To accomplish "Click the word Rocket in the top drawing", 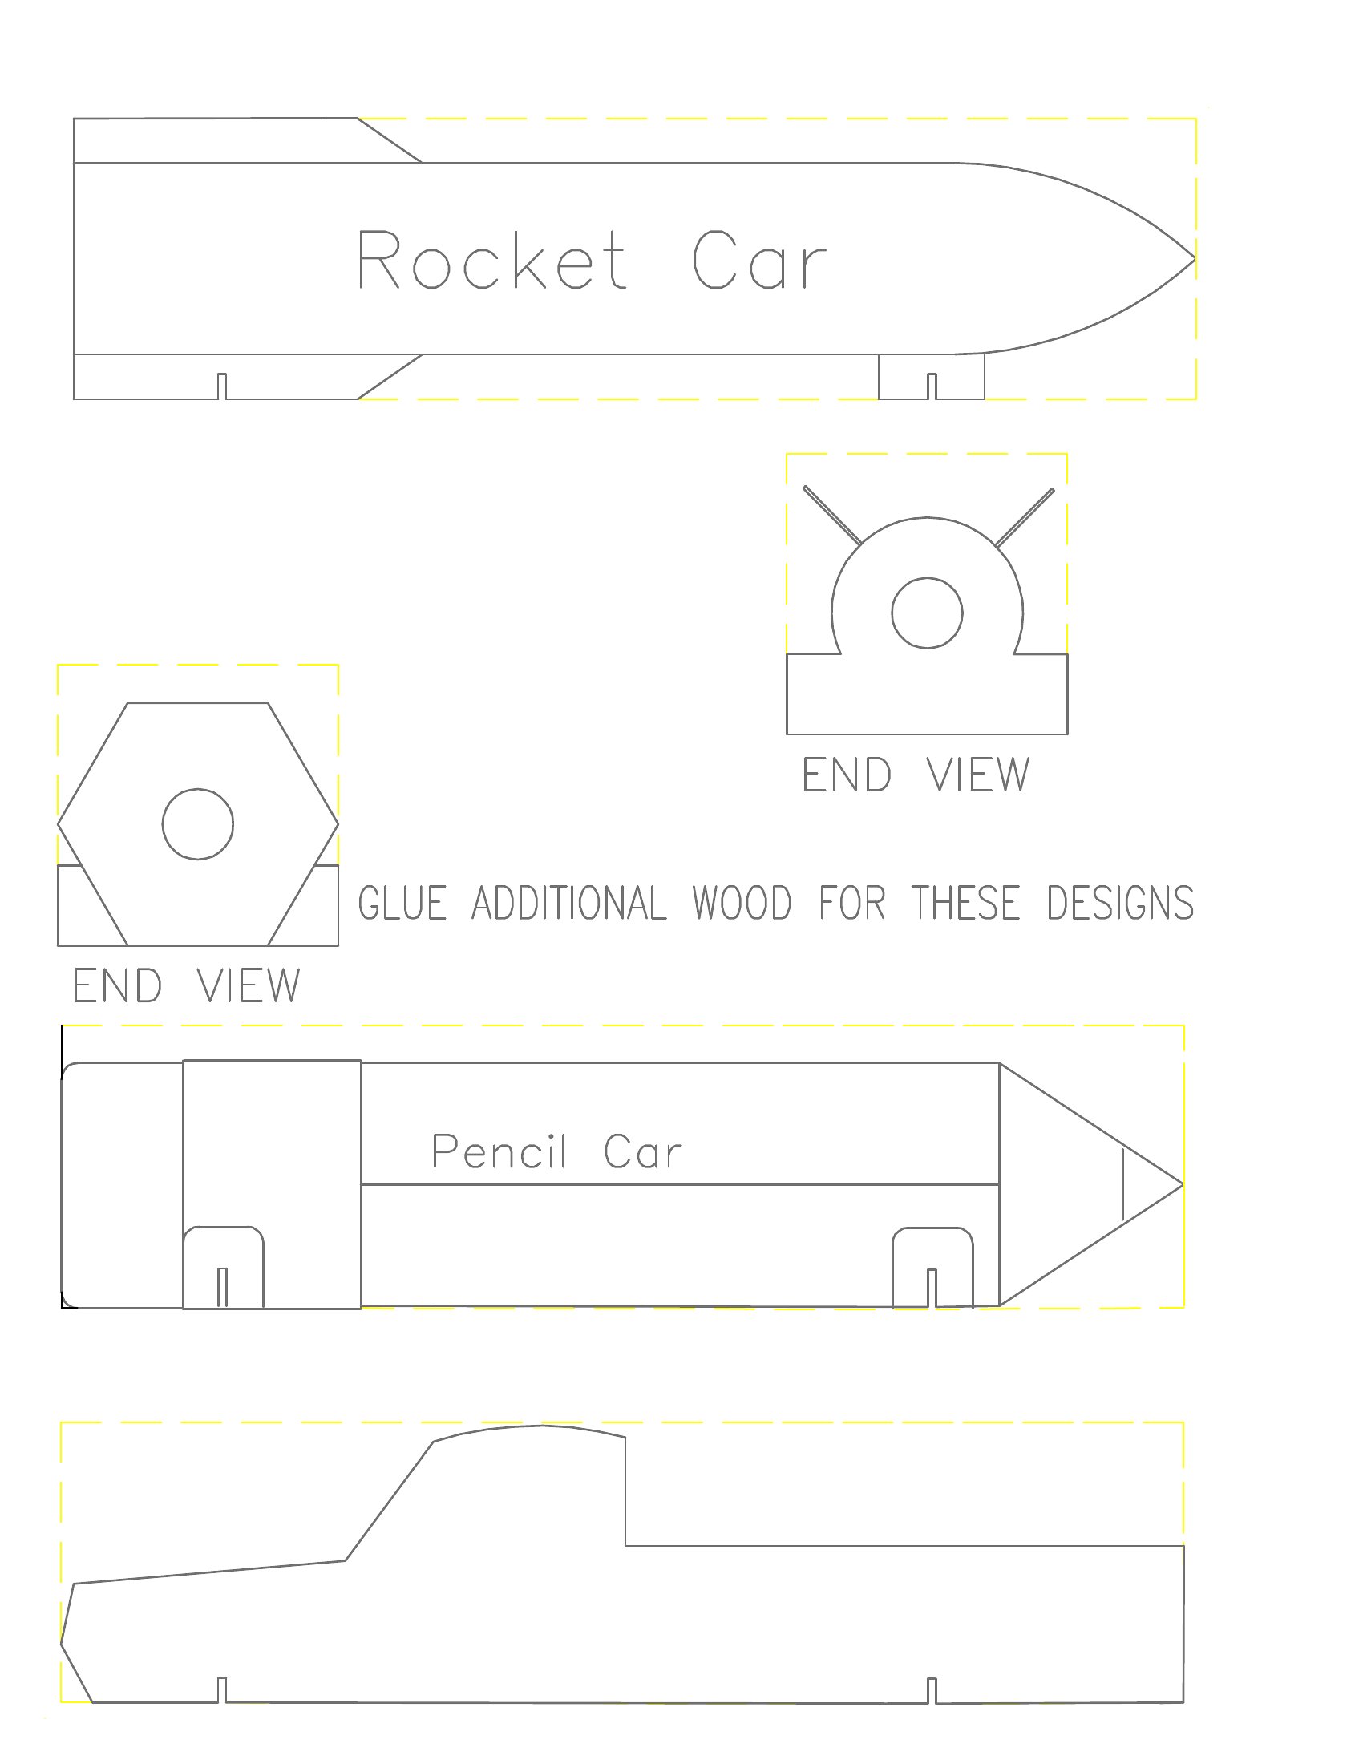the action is (491, 259).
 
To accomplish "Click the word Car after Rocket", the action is (760, 259).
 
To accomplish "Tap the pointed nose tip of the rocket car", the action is (1195, 259).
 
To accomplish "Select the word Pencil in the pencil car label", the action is (499, 1151).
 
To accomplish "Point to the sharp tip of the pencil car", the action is (1183, 1185).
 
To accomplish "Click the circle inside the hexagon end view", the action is (198, 823).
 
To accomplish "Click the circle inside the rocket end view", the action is (927, 613).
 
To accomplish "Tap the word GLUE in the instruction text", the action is (402, 903).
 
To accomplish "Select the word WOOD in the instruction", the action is (742, 903).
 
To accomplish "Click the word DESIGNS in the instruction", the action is (1120, 903).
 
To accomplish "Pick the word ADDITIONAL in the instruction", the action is (569, 903).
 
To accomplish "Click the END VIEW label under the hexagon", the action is (187, 985).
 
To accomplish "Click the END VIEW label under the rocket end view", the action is (916, 774).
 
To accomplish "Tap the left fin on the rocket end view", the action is (832, 516).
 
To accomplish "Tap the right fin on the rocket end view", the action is (1025, 517).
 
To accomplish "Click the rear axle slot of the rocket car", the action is (222, 386).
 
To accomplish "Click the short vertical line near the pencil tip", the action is (1122, 1185).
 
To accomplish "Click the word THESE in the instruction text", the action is (967, 903).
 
